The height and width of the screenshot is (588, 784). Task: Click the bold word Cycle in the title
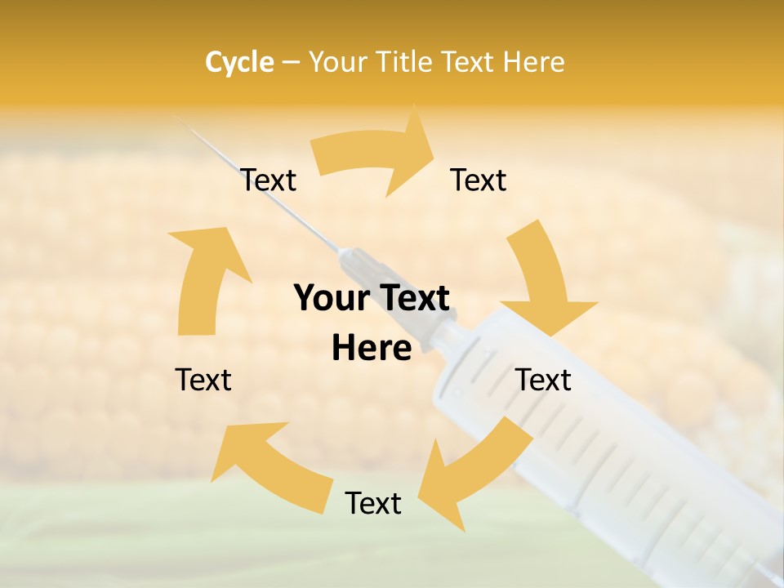(239, 62)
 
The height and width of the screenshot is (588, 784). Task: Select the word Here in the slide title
(534, 62)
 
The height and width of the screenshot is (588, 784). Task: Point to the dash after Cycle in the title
(290, 63)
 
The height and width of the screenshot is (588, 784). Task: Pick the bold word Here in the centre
(371, 349)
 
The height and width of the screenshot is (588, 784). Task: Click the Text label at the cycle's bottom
(373, 503)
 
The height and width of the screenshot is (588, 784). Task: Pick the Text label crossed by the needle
(269, 180)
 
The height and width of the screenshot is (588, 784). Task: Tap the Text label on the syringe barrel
(543, 380)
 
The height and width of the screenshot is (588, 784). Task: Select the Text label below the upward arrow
(203, 380)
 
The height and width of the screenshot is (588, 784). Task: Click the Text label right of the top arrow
(479, 180)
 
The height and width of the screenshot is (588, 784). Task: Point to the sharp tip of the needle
(177, 120)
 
